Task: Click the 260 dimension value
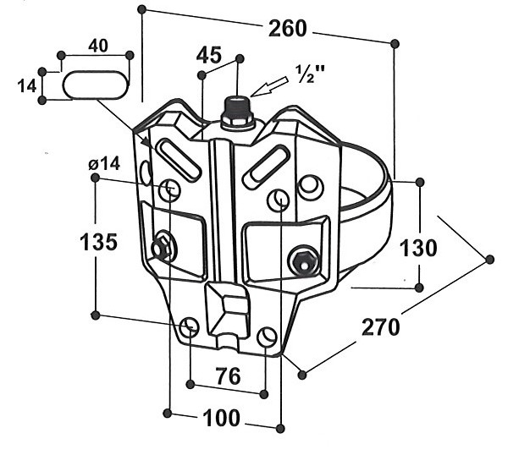pyautogui.click(x=288, y=29)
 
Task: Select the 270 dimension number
pyautogui.click(x=381, y=327)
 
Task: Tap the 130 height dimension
pyautogui.click(x=418, y=248)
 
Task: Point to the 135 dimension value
pyautogui.click(x=99, y=242)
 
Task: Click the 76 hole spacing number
pyautogui.click(x=229, y=376)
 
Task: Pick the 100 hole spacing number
pyautogui.click(x=221, y=418)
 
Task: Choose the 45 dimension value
pyautogui.click(x=209, y=55)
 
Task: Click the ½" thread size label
pyautogui.click(x=310, y=74)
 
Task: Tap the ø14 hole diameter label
pyautogui.click(x=104, y=164)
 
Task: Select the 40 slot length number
pyautogui.click(x=98, y=46)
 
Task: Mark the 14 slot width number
pyautogui.click(x=27, y=86)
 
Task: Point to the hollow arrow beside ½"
pyautogui.click(x=269, y=87)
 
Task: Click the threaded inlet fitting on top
pyautogui.click(x=237, y=112)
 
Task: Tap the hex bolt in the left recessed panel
pyautogui.click(x=160, y=248)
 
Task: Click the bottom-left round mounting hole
pyautogui.click(x=189, y=327)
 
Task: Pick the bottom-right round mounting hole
pyautogui.click(x=267, y=337)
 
